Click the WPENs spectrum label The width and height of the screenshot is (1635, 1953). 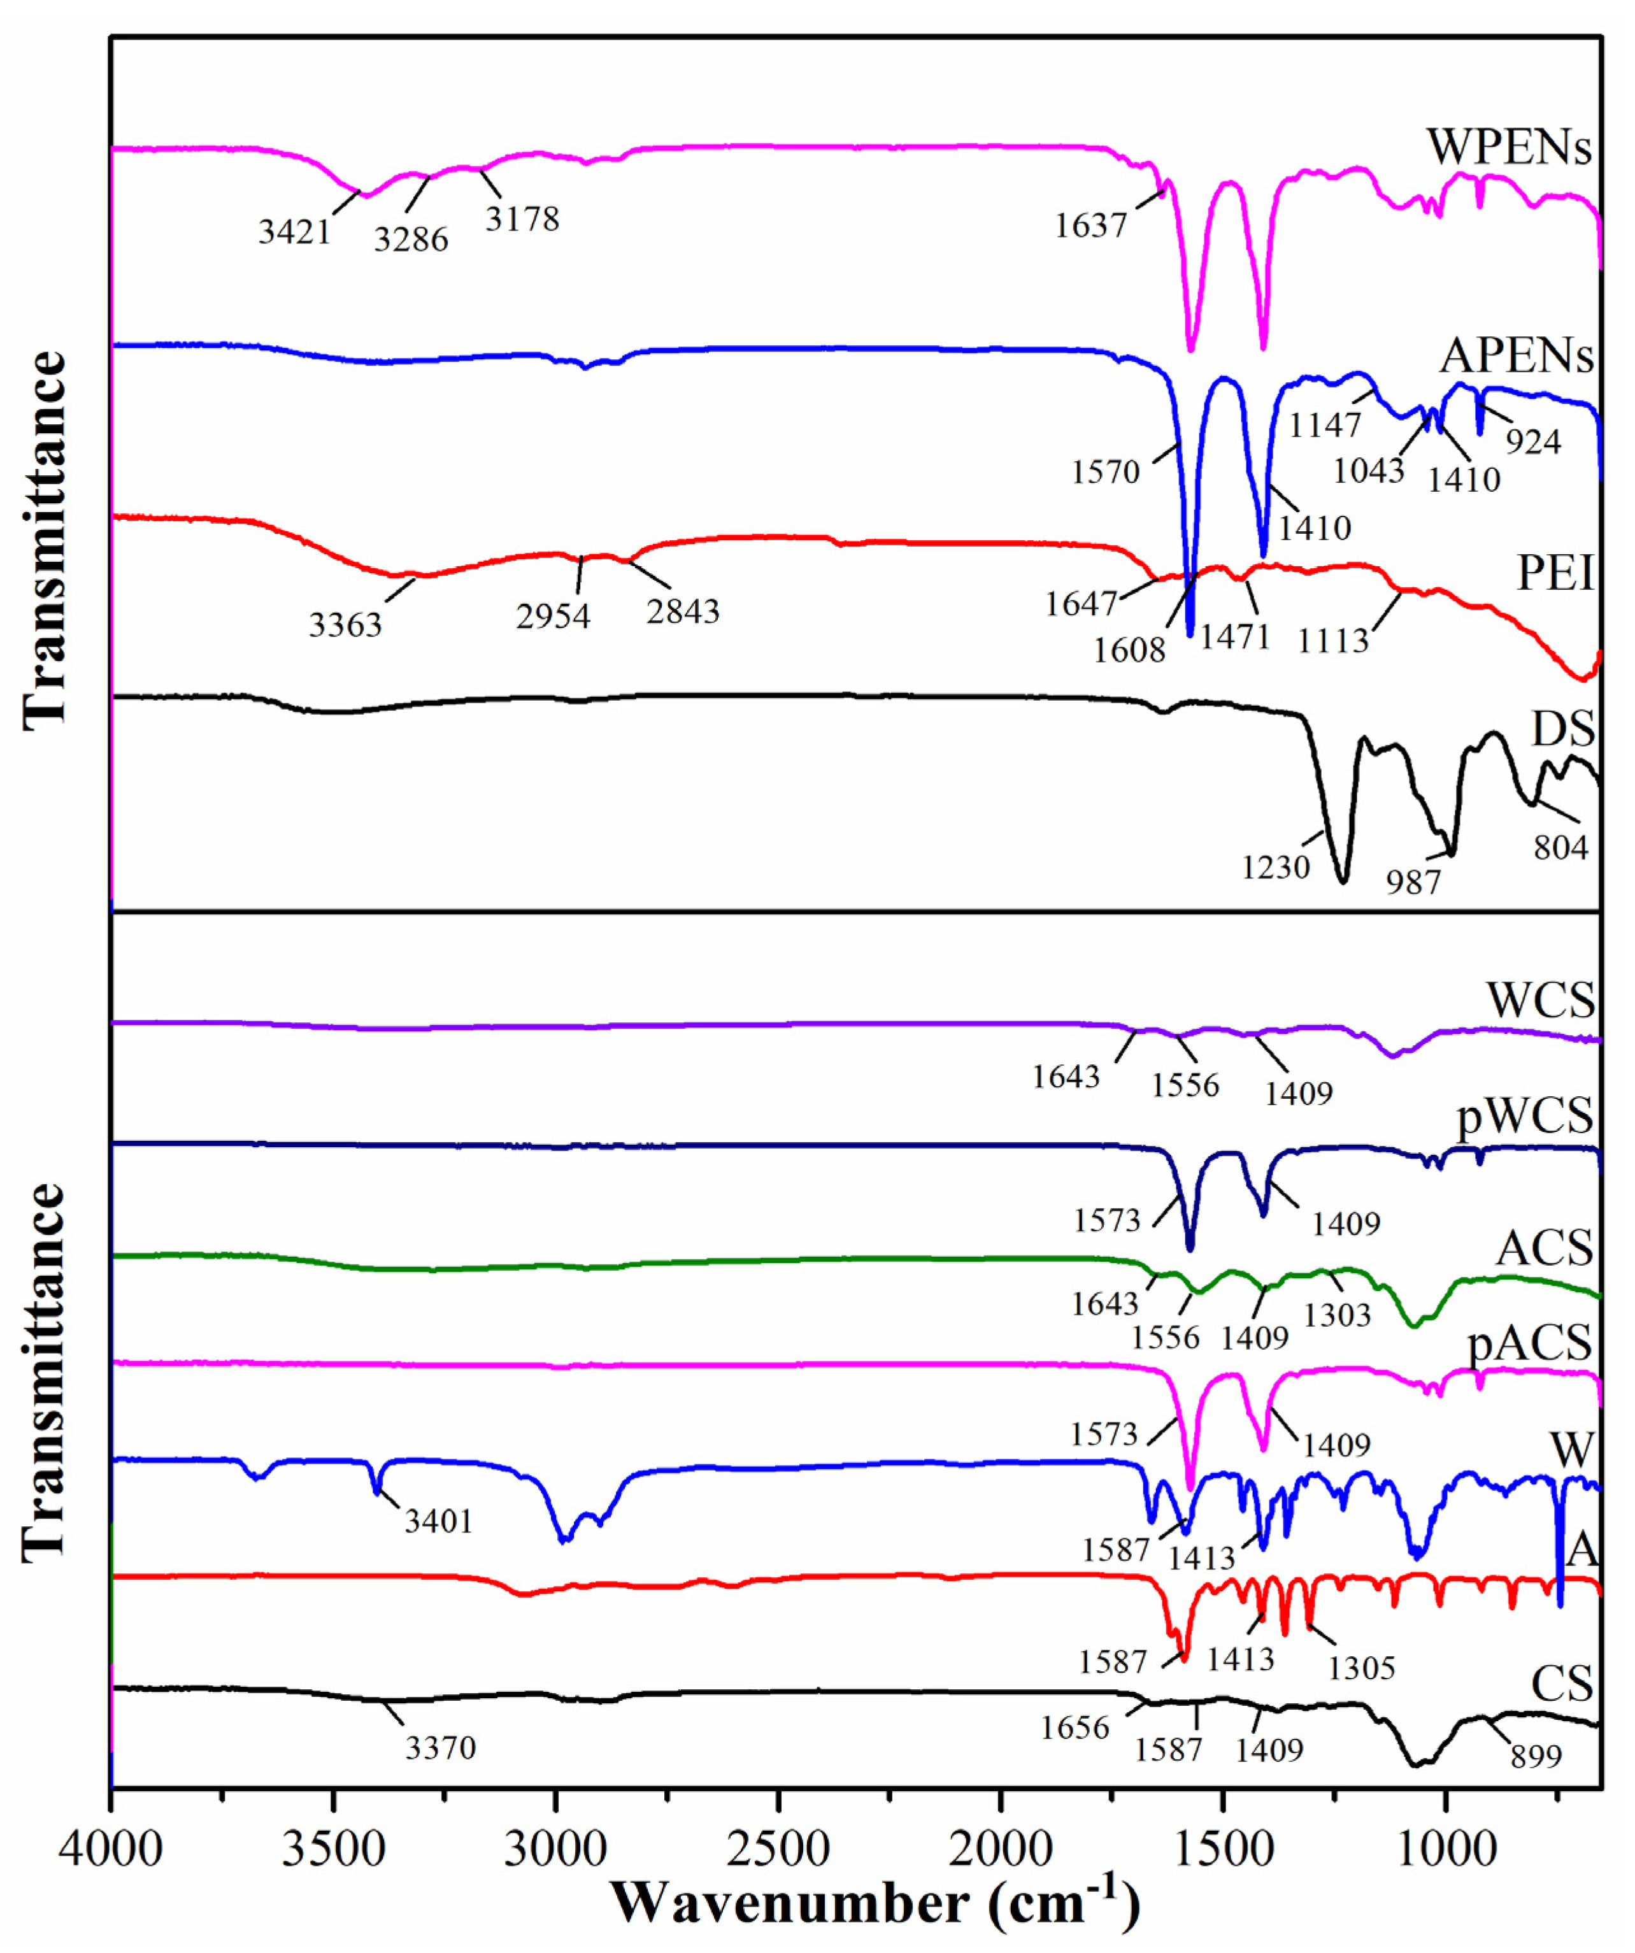(1508, 148)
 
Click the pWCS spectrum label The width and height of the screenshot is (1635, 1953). (1524, 1115)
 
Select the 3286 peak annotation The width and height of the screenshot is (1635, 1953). (411, 240)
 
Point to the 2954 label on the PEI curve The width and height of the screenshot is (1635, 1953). (553, 616)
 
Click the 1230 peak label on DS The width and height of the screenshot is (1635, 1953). (1276, 868)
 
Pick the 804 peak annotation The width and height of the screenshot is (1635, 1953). (1560, 847)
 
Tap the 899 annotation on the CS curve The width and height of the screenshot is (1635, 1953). (1536, 1756)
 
